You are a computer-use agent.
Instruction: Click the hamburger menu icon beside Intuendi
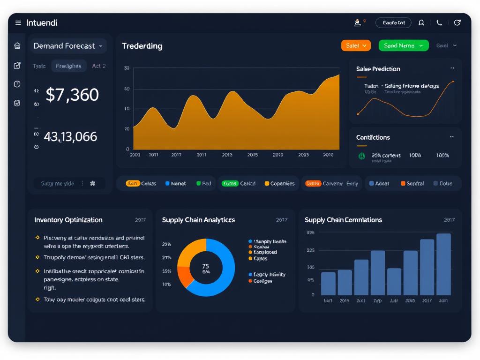point(18,22)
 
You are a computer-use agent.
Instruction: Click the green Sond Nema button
point(403,45)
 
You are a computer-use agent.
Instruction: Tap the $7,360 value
point(72,95)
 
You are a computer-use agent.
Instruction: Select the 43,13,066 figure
point(70,137)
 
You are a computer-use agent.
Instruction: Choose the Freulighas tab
point(68,66)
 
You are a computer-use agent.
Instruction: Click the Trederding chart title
point(142,46)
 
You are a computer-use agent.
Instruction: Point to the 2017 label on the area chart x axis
point(176,155)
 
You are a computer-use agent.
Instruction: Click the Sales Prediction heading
point(378,69)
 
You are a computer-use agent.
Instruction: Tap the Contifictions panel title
point(373,137)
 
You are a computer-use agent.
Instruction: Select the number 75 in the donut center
point(205,266)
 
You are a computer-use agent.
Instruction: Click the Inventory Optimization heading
point(68,220)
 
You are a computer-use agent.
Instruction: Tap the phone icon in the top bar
point(439,22)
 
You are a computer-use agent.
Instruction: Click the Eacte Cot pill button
point(393,22)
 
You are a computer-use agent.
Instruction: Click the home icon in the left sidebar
point(17,46)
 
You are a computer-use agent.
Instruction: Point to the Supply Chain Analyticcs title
point(198,220)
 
